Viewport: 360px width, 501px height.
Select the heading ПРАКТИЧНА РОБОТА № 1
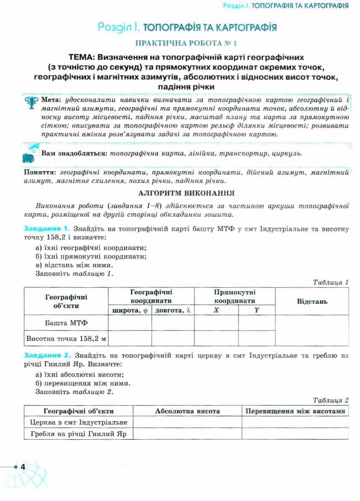[x=186, y=43]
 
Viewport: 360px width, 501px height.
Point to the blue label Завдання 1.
[x=47, y=229]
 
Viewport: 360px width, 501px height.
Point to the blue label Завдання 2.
[x=48, y=356]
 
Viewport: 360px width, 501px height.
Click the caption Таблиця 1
[x=331, y=283]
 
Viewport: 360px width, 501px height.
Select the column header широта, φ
[x=130, y=310]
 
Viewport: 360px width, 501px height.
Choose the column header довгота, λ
[x=173, y=310]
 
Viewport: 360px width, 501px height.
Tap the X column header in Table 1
[x=216, y=310]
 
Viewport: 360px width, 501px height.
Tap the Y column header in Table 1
[x=256, y=310]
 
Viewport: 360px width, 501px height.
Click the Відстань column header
[x=312, y=301]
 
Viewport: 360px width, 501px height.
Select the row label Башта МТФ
[x=66, y=323]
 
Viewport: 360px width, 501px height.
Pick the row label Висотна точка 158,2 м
[x=66, y=339]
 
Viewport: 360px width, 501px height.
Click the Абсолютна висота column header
[x=187, y=411]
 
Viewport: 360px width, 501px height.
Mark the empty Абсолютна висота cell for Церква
[x=187, y=423]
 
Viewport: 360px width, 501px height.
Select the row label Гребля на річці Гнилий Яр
[x=79, y=434]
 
